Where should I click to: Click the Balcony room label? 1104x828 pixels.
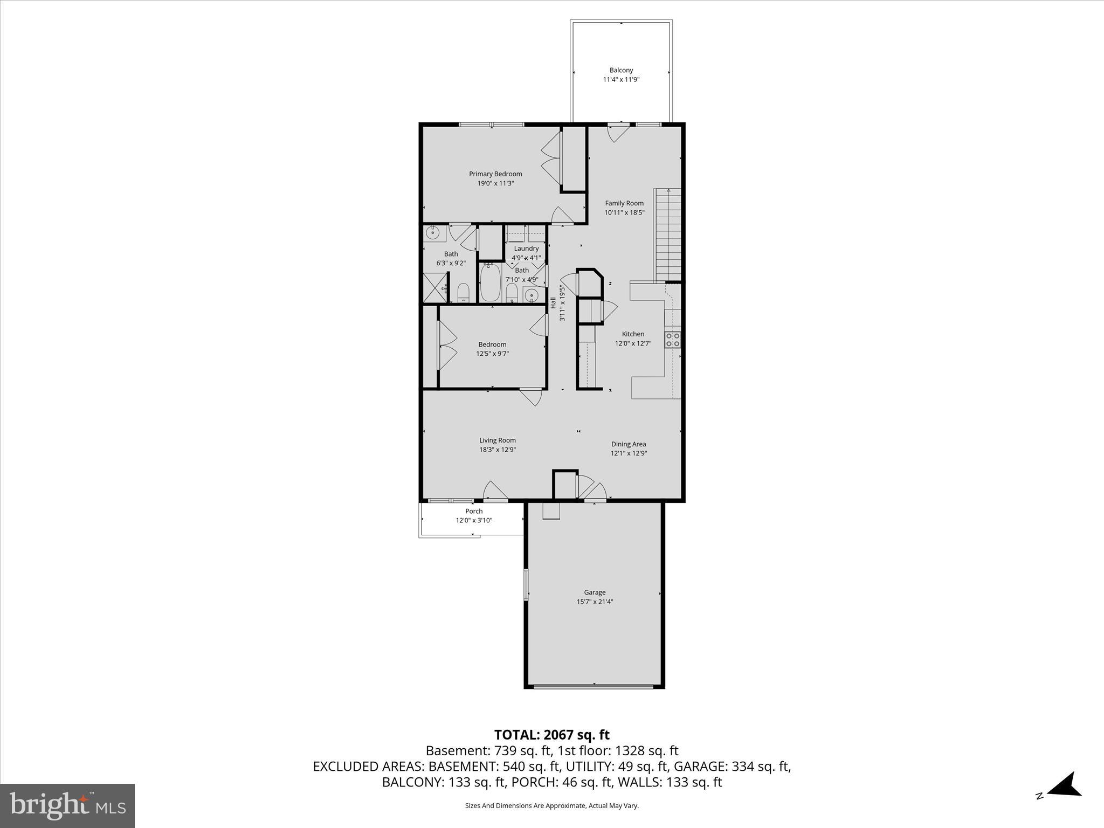click(621, 70)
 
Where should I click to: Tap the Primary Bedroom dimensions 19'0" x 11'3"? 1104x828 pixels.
click(495, 183)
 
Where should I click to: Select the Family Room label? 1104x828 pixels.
click(624, 203)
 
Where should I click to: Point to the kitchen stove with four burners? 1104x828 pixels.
click(672, 340)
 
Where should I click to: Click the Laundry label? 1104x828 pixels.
click(526, 249)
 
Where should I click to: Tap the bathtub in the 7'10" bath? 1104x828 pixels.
click(491, 283)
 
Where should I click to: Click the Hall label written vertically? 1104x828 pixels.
click(553, 303)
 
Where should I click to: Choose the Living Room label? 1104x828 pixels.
click(497, 440)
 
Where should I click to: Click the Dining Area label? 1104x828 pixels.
click(628, 444)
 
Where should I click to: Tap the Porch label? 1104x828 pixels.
click(474, 511)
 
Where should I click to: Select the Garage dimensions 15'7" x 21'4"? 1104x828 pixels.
click(595, 602)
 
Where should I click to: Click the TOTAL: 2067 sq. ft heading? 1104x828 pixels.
click(551, 735)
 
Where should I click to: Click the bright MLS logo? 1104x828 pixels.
click(67, 805)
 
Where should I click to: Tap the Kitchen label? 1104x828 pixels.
click(633, 334)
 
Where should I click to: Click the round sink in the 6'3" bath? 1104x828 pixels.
click(432, 233)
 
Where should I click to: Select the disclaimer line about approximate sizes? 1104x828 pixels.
click(551, 805)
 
